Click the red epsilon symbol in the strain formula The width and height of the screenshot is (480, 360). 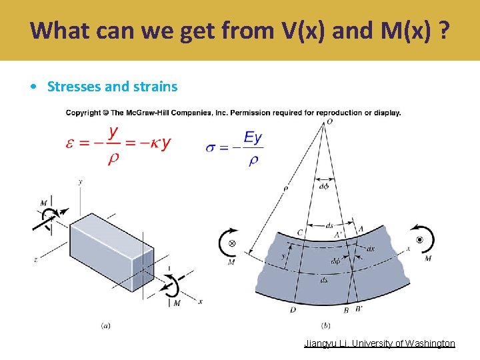[70, 143]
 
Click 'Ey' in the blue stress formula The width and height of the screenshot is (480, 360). [253, 138]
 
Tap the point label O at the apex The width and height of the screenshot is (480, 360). [329, 122]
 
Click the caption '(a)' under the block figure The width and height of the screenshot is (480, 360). [105, 325]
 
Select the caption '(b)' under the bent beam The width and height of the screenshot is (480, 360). [325, 325]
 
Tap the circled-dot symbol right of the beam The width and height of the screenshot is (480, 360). [419, 239]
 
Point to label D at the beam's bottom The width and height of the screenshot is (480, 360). [293, 310]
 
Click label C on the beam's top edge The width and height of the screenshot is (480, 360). [300, 232]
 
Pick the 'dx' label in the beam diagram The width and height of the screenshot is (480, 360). [371, 249]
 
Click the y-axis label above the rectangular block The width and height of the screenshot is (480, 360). [80, 181]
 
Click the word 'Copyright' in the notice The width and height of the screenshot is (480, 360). [83, 113]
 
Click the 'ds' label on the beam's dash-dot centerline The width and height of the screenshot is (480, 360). [324, 281]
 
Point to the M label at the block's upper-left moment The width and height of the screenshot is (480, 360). [43, 202]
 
